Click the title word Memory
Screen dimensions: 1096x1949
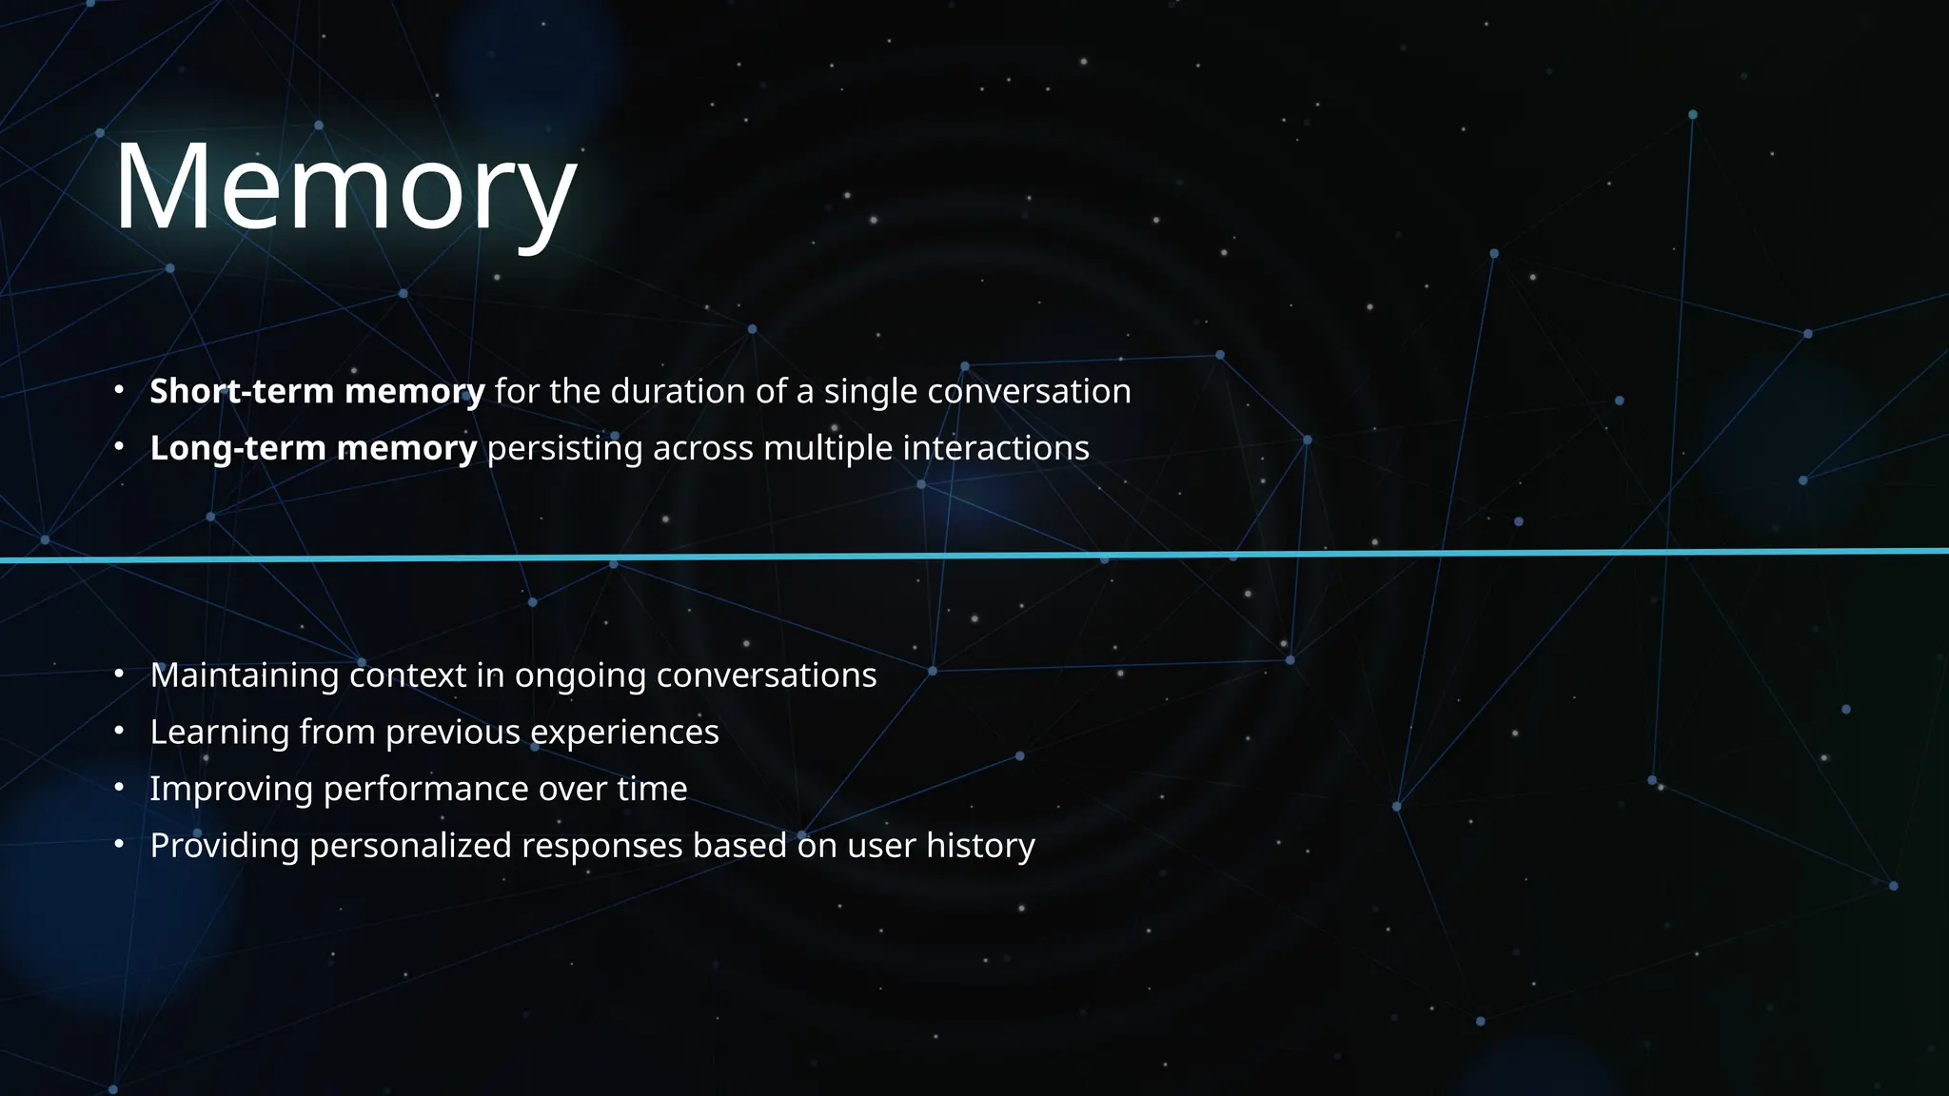point(345,187)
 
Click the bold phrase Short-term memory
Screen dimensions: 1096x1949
point(317,391)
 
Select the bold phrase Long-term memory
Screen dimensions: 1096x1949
point(313,448)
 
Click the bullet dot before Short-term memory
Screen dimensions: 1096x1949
point(119,389)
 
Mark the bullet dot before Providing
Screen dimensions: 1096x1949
point(119,844)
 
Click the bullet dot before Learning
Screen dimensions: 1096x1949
point(119,731)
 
